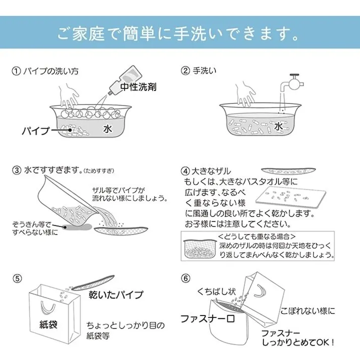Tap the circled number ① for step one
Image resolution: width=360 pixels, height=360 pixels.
[17, 71]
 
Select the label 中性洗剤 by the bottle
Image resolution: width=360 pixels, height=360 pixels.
[138, 87]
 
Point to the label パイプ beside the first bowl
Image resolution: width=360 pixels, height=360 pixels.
[36, 131]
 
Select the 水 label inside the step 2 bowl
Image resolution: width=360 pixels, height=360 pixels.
[278, 126]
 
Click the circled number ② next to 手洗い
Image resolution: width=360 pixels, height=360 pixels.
[185, 71]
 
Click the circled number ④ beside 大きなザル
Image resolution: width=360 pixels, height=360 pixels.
[185, 171]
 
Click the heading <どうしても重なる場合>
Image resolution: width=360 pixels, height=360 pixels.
[257, 236]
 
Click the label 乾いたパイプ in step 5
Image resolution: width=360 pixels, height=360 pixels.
[116, 294]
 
